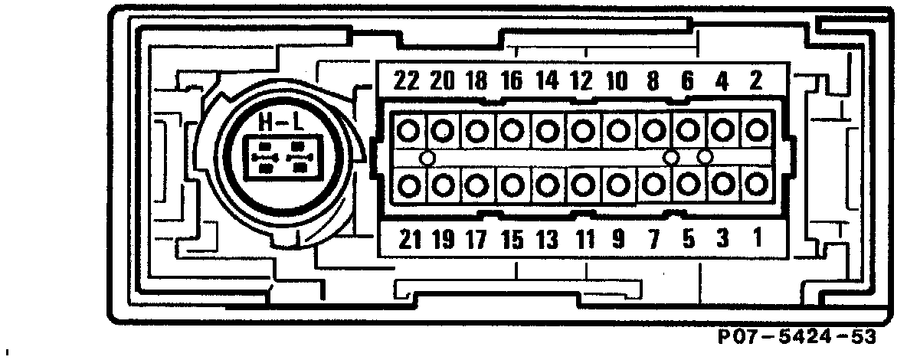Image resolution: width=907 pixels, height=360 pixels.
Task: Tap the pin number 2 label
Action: pyautogui.click(x=756, y=81)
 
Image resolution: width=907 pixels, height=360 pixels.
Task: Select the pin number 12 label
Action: pyautogui.click(x=581, y=81)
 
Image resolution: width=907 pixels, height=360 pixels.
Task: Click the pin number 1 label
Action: pyautogui.click(x=757, y=239)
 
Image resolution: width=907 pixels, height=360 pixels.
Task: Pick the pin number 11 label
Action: pyautogui.click(x=585, y=240)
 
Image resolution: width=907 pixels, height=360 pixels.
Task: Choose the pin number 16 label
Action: pyautogui.click(x=511, y=81)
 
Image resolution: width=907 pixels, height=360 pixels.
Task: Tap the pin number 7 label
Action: pyautogui.click(x=653, y=240)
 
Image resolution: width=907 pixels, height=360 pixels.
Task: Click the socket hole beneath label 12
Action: pyautogui.click(x=583, y=130)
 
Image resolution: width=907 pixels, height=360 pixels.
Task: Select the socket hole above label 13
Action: pyautogui.click(x=546, y=185)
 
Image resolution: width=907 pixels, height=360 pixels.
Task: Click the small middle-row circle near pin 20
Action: pyautogui.click(x=427, y=159)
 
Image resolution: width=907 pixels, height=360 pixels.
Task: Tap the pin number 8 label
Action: pyautogui.click(x=653, y=81)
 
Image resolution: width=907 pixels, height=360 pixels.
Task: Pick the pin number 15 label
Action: pyautogui.click(x=511, y=240)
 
